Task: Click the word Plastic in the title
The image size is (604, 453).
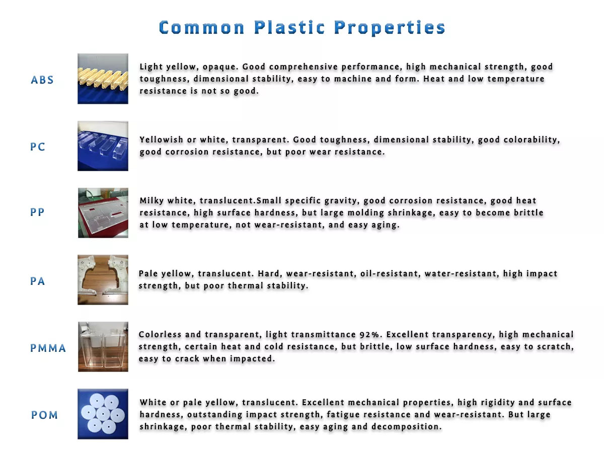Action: (289, 28)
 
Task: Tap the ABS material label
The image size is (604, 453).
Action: (42, 80)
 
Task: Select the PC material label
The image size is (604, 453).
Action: (38, 146)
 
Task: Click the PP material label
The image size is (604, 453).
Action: (37, 212)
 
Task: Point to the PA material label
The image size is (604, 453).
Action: (37, 281)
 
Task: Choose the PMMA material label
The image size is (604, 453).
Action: (48, 348)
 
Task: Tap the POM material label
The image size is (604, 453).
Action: (44, 415)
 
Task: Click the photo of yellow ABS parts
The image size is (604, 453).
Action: (103, 79)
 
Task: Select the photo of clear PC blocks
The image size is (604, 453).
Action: (103, 146)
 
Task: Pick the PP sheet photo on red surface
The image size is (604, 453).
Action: (103, 213)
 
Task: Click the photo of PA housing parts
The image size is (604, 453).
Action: (103, 280)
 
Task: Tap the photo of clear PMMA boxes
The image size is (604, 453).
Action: (103, 347)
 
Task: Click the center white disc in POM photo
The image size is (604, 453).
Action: (103, 414)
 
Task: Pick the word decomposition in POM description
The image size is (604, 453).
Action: (407, 427)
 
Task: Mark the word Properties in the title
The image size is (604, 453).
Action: (390, 28)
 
